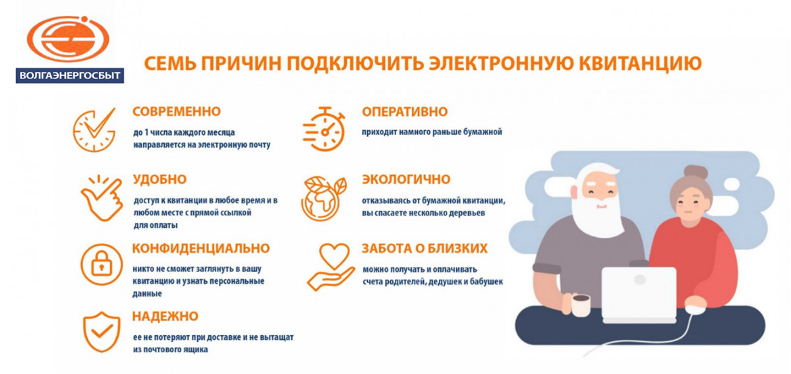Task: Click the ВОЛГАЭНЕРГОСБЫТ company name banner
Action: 70,76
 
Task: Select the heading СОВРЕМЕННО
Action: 177,111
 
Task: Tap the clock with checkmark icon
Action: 94,130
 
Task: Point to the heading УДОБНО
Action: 160,179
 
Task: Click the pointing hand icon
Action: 102,198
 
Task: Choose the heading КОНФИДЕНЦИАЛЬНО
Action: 201,248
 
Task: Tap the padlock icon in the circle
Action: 102,264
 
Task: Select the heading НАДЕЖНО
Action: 165,316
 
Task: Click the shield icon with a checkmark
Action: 102,332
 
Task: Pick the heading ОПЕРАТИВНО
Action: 405,112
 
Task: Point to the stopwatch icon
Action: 324,129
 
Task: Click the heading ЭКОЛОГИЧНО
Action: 406,179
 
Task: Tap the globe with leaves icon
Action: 324,199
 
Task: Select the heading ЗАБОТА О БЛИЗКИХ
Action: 425,248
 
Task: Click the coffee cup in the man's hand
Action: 581,305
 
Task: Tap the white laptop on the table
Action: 639,295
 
